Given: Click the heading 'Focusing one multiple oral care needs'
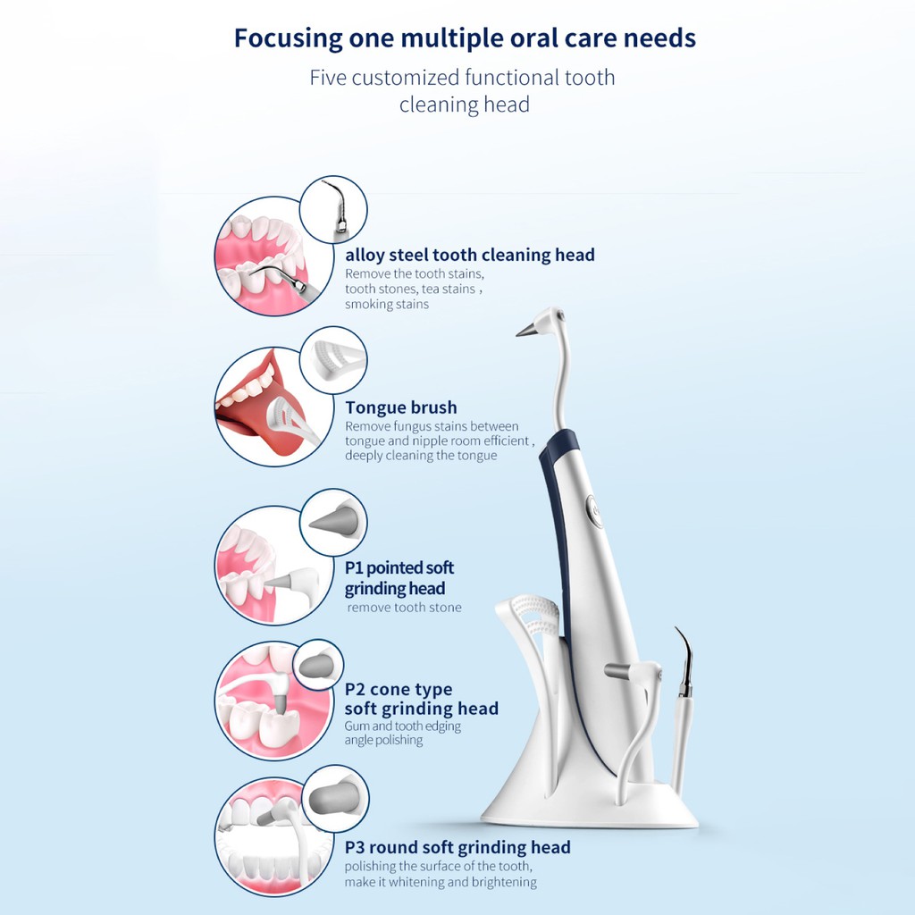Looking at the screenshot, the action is [x=465, y=39].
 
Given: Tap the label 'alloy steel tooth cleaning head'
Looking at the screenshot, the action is [x=470, y=255].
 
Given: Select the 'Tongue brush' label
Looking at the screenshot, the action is [x=401, y=407].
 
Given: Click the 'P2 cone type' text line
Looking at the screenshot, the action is [x=399, y=689].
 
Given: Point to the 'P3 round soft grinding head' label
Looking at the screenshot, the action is [x=457, y=847].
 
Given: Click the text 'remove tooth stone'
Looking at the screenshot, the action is [x=405, y=608].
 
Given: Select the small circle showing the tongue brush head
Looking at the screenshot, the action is [x=332, y=360].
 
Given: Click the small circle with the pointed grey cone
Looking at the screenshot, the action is [x=332, y=522].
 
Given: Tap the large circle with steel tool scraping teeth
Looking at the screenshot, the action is [x=262, y=256].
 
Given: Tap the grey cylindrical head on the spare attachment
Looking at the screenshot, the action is [x=617, y=670].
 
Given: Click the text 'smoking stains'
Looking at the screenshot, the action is [x=387, y=304].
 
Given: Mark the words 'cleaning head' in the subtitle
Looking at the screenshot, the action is [x=465, y=105].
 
